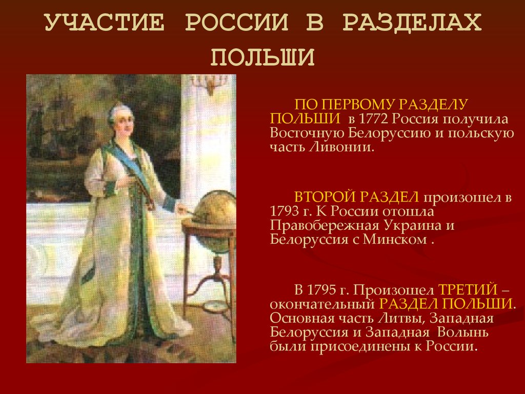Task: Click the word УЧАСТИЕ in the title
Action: coord(105,22)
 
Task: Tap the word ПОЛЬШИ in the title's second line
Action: coord(262,56)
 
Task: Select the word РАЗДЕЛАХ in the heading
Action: coord(412,23)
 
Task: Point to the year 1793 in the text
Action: coord(284,211)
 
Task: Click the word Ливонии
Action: coord(341,147)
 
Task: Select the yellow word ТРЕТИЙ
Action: coord(468,290)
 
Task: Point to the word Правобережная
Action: coord(325,226)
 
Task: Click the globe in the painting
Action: coord(215,208)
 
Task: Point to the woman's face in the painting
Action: coord(124,122)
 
